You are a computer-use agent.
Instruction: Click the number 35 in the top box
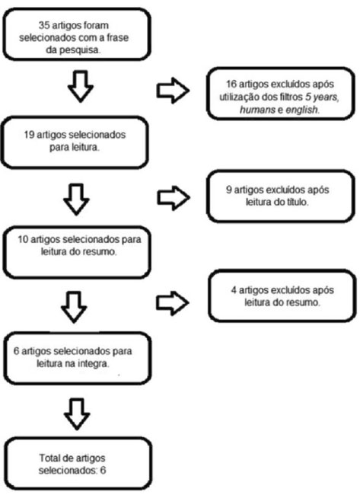coord(44,25)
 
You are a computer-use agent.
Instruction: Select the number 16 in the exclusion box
coord(231,85)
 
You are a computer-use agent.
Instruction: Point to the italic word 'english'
coord(301,110)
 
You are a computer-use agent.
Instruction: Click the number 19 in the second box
coord(30,135)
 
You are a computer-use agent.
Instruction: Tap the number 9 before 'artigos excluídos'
coord(229,190)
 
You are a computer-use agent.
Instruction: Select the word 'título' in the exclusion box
coord(298,202)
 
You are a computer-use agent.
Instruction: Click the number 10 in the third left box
coord(23,239)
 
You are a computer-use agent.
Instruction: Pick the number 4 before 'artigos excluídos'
coord(234,290)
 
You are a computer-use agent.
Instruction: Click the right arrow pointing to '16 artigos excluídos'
coord(173,91)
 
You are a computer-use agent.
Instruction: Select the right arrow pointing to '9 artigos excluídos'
coord(174,198)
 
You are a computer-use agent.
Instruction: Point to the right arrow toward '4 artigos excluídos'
coord(172,303)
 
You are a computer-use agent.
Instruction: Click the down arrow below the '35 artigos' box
coord(81,87)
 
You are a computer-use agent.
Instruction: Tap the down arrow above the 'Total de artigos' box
coord(77,414)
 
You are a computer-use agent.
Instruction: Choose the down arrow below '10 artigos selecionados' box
coord(74,307)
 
